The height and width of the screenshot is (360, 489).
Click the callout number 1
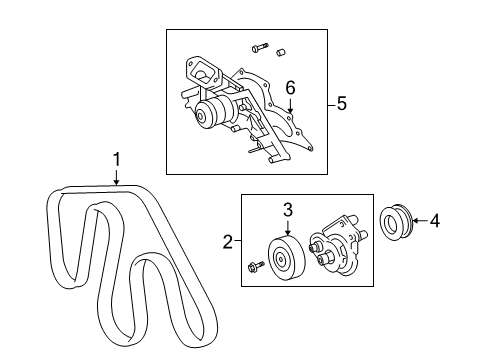pyautogui.click(x=116, y=159)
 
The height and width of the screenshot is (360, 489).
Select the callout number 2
pyautogui.click(x=228, y=241)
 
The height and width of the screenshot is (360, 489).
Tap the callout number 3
pyautogui.click(x=288, y=210)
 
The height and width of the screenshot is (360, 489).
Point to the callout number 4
pyautogui.click(x=434, y=221)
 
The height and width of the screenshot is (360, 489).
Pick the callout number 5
pyautogui.click(x=342, y=103)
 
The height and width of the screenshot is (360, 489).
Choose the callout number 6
pyautogui.click(x=290, y=88)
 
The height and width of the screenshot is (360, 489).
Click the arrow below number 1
pyautogui.click(x=116, y=177)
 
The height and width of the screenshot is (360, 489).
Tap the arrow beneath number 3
pyautogui.click(x=288, y=228)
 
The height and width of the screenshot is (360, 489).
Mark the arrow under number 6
pyautogui.click(x=290, y=106)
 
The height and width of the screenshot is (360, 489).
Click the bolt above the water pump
pyautogui.click(x=260, y=48)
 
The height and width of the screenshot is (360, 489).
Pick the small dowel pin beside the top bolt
pyautogui.click(x=281, y=52)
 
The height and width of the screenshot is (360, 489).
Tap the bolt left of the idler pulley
pyautogui.click(x=256, y=266)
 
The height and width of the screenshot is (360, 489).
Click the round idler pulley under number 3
pyautogui.click(x=286, y=258)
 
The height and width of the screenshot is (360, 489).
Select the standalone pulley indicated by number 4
pyautogui.click(x=397, y=222)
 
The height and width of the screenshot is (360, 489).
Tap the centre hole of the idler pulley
pyautogui.click(x=280, y=258)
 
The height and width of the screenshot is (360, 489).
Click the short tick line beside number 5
pyautogui.click(x=331, y=105)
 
